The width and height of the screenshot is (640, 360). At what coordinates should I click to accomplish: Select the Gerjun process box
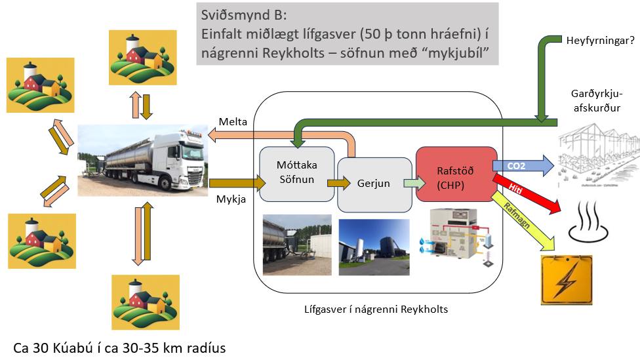point(374,184)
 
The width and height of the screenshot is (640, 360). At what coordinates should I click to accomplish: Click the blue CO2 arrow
point(522,166)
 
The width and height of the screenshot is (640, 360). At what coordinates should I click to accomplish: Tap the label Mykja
point(231,199)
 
